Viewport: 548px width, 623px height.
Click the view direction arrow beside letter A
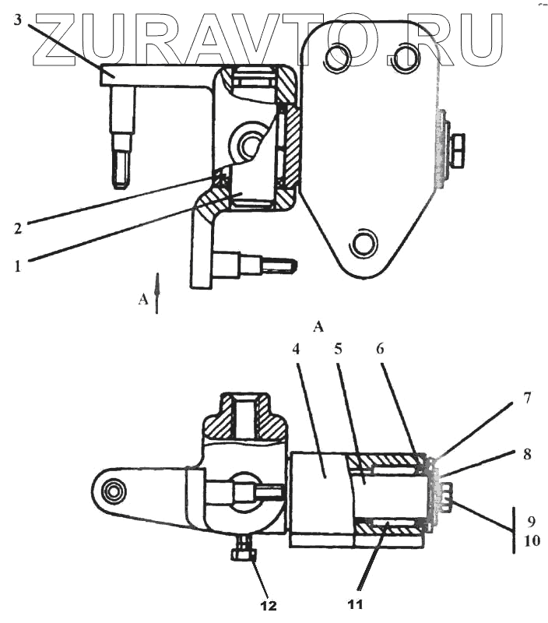coord(157,293)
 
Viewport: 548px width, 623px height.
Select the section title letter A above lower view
coord(318,327)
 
